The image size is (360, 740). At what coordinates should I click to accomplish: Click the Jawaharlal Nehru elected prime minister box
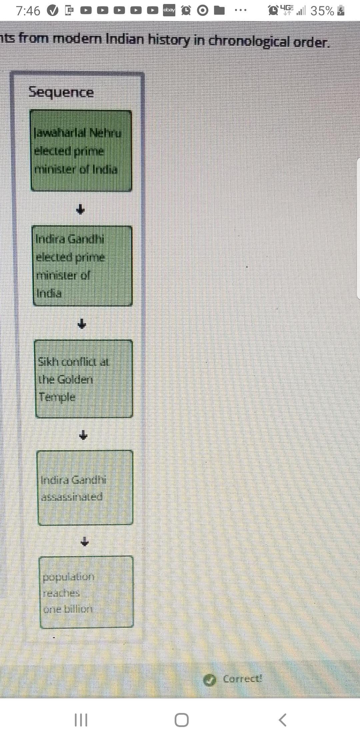(81, 151)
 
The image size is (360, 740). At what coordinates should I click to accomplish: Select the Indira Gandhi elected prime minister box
(82, 266)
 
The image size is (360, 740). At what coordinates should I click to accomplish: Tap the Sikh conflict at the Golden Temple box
(84, 379)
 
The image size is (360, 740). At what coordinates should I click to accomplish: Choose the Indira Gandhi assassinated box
(85, 487)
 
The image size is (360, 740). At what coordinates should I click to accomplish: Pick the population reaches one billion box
(86, 592)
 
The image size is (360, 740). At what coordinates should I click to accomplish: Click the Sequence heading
(61, 92)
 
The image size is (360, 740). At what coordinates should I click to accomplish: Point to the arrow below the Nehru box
(80, 209)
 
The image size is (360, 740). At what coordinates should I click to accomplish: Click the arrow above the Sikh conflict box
(82, 323)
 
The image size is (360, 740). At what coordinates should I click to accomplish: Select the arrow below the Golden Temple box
(83, 435)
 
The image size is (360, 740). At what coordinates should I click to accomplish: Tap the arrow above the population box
(85, 542)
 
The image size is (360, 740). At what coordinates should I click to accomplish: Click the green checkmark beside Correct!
(209, 680)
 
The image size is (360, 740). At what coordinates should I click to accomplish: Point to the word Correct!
(242, 679)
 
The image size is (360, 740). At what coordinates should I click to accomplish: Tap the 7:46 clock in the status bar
(28, 11)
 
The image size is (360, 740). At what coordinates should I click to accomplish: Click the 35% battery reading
(322, 11)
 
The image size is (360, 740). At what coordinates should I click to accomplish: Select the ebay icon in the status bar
(169, 10)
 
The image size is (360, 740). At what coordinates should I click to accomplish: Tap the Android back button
(282, 720)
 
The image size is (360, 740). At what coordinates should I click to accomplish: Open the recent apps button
(81, 720)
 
